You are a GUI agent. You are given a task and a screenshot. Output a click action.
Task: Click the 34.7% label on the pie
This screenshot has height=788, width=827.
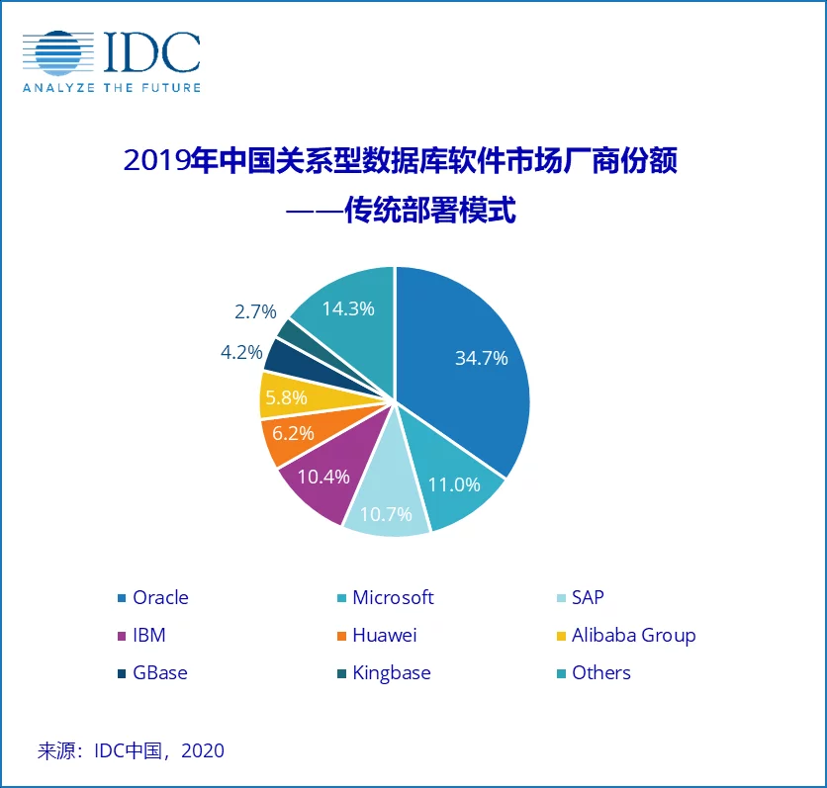click(482, 358)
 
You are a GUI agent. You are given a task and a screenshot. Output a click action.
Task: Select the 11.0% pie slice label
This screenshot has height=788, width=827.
click(454, 484)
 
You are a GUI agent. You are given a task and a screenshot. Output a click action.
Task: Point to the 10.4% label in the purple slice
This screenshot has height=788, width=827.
click(323, 477)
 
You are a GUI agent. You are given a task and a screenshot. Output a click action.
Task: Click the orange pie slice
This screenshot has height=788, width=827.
click(287, 441)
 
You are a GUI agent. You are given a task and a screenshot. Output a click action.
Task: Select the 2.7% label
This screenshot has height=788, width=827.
click(254, 311)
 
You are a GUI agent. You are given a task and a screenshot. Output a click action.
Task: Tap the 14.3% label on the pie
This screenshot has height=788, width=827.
click(348, 308)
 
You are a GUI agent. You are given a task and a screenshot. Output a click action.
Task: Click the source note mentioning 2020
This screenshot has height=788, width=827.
click(131, 750)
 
